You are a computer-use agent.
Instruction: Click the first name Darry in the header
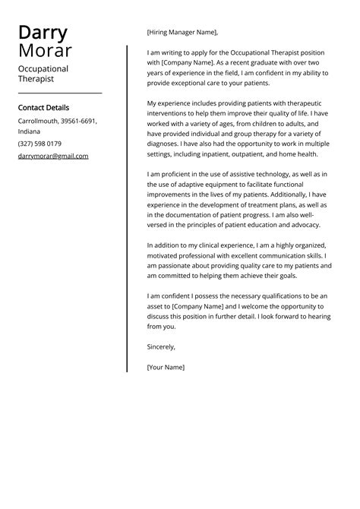[x=43, y=33]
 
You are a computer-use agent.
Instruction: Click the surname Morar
[x=45, y=51]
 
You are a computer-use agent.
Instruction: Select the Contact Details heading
[x=43, y=108]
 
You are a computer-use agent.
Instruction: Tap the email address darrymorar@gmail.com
[x=53, y=156]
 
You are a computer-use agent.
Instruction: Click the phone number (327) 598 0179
[x=39, y=144]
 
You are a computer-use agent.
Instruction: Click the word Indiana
[x=30, y=131]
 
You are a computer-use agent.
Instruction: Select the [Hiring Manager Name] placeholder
[x=182, y=32]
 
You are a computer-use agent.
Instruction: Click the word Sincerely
[x=161, y=346]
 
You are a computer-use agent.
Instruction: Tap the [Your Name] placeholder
[x=166, y=367]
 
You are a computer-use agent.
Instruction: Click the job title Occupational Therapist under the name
[x=43, y=74]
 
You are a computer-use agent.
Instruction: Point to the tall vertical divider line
[x=127, y=208]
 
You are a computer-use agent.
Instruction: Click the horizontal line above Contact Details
[x=59, y=93]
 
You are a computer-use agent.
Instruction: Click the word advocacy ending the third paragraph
[x=302, y=225]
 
